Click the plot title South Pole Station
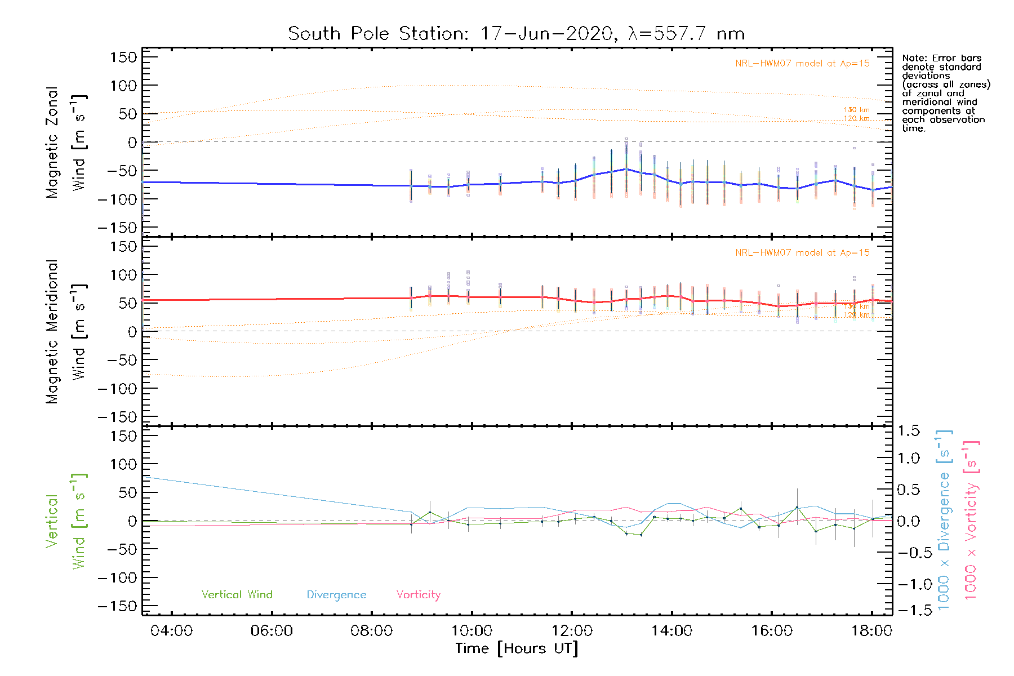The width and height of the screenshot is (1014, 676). pos(516,34)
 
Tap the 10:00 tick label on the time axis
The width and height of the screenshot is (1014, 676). pos(472,631)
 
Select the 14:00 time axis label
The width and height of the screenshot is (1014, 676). pos(671,631)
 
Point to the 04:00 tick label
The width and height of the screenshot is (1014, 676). pos(171,631)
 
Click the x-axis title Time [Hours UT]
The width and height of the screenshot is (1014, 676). pos(516,648)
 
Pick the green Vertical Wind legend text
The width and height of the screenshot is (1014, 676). pos(237,595)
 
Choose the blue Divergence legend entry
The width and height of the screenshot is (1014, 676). pos(336,595)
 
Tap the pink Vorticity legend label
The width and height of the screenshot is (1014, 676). pos(418,595)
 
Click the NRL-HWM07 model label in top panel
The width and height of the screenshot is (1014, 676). pos(802,64)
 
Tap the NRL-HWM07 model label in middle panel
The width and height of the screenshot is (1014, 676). pos(802,253)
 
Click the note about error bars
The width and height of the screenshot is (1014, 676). pos(945,93)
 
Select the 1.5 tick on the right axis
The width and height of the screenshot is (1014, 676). pos(908,431)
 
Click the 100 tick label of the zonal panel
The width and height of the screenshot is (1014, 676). pos(123,86)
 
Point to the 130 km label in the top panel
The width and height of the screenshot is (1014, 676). pos(856,110)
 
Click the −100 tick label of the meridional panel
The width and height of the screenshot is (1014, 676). pos(117,389)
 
